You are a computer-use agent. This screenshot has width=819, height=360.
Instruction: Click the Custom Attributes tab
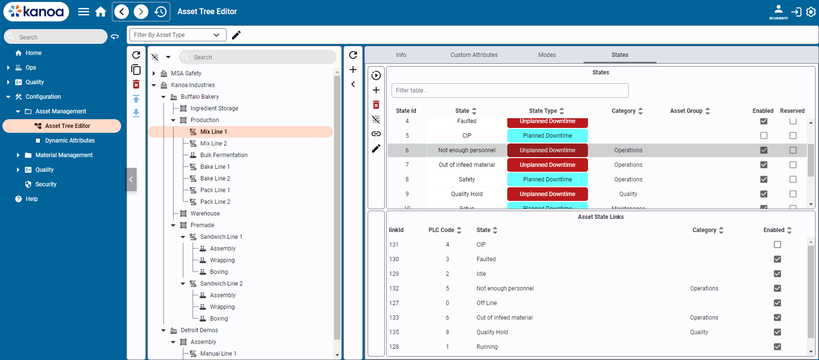point(474,55)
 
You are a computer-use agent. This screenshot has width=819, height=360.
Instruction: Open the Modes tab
point(547,55)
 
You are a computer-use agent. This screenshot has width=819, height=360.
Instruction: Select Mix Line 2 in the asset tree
point(214,144)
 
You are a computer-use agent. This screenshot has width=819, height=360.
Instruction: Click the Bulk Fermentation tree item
point(224,155)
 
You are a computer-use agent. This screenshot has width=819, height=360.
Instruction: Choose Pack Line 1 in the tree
point(215,190)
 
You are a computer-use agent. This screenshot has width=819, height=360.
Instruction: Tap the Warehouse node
point(205,214)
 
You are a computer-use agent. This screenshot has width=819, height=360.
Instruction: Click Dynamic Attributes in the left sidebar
point(70,141)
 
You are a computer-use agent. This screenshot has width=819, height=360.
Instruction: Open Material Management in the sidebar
point(64,155)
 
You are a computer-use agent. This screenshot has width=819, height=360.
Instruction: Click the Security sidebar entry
point(46,184)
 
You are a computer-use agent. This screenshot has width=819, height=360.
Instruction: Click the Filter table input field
point(510,90)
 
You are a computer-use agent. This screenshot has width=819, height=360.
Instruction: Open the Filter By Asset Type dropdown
point(178,35)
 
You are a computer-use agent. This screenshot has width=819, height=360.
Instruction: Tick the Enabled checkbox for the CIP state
point(764,136)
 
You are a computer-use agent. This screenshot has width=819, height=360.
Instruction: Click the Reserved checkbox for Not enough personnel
point(793,150)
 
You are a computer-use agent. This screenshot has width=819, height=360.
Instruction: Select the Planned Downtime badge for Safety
point(547,180)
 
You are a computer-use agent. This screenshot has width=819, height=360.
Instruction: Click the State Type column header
point(543,111)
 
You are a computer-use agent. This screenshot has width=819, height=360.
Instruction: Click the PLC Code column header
point(441,230)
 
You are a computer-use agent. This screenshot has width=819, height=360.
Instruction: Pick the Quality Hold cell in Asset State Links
point(492,332)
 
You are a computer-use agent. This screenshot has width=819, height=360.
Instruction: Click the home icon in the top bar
point(101,12)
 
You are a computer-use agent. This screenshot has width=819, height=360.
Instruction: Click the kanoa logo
point(36,12)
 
